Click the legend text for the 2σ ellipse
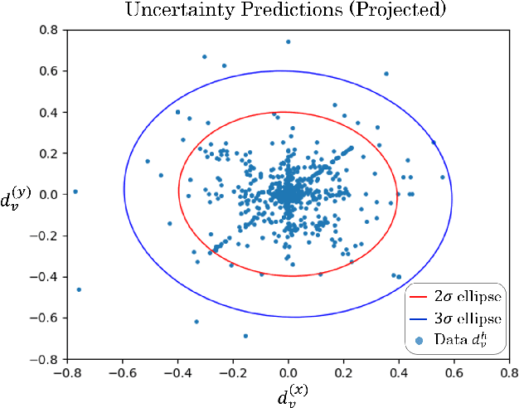pos(467,296)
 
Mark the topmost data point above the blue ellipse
pos(288,41)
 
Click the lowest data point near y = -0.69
pos(245,336)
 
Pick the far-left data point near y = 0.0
pos(75,192)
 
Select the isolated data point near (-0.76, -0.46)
pos(79,289)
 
